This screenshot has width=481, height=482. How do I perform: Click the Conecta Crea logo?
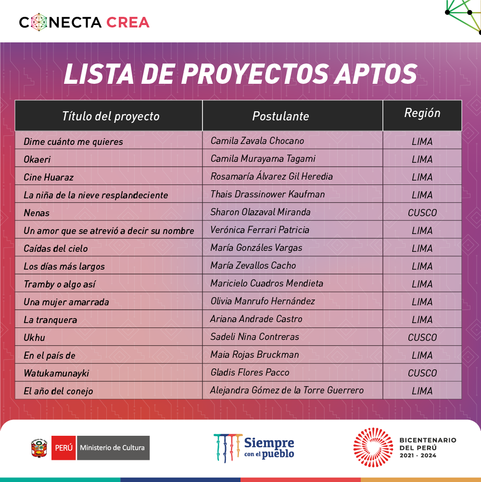pyautogui.click(x=84, y=22)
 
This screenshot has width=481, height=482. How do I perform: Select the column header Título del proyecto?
pyautogui.click(x=110, y=116)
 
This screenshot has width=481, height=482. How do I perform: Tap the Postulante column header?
pyautogui.click(x=280, y=116)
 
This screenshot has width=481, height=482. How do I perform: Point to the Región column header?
pyautogui.click(x=422, y=113)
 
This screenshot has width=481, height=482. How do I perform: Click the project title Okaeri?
pyautogui.click(x=37, y=159)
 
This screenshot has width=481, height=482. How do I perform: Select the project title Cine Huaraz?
pyautogui.click(x=49, y=177)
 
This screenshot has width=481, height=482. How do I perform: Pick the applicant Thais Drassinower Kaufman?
pyautogui.click(x=267, y=194)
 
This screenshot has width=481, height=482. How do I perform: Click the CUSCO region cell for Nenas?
pyautogui.click(x=422, y=213)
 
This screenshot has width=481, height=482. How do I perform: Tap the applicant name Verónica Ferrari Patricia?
pyautogui.click(x=260, y=230)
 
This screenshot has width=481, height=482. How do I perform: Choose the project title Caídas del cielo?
pyautogui.click(x=56, y=248)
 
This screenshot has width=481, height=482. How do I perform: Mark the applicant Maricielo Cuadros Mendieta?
pyautogui.click(x=266, y=283)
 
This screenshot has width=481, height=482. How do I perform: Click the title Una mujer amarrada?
pyautogui.click(x=66, y=302)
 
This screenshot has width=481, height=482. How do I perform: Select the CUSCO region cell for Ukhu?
pyautogui.click(x=422, y=338)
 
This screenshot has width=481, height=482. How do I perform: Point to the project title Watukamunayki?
pyautogui.click(x=56, y=373)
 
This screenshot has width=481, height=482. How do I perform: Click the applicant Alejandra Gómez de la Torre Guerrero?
pyautogui.click(x=287, y=390)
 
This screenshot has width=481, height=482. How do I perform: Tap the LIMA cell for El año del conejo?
pyautogui.click(x=422, y=391)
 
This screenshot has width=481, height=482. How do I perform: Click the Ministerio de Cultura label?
pyautogui.click(x=112, y=448)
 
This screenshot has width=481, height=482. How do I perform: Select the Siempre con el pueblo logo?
pyautogui.click(x=253, y=447)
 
